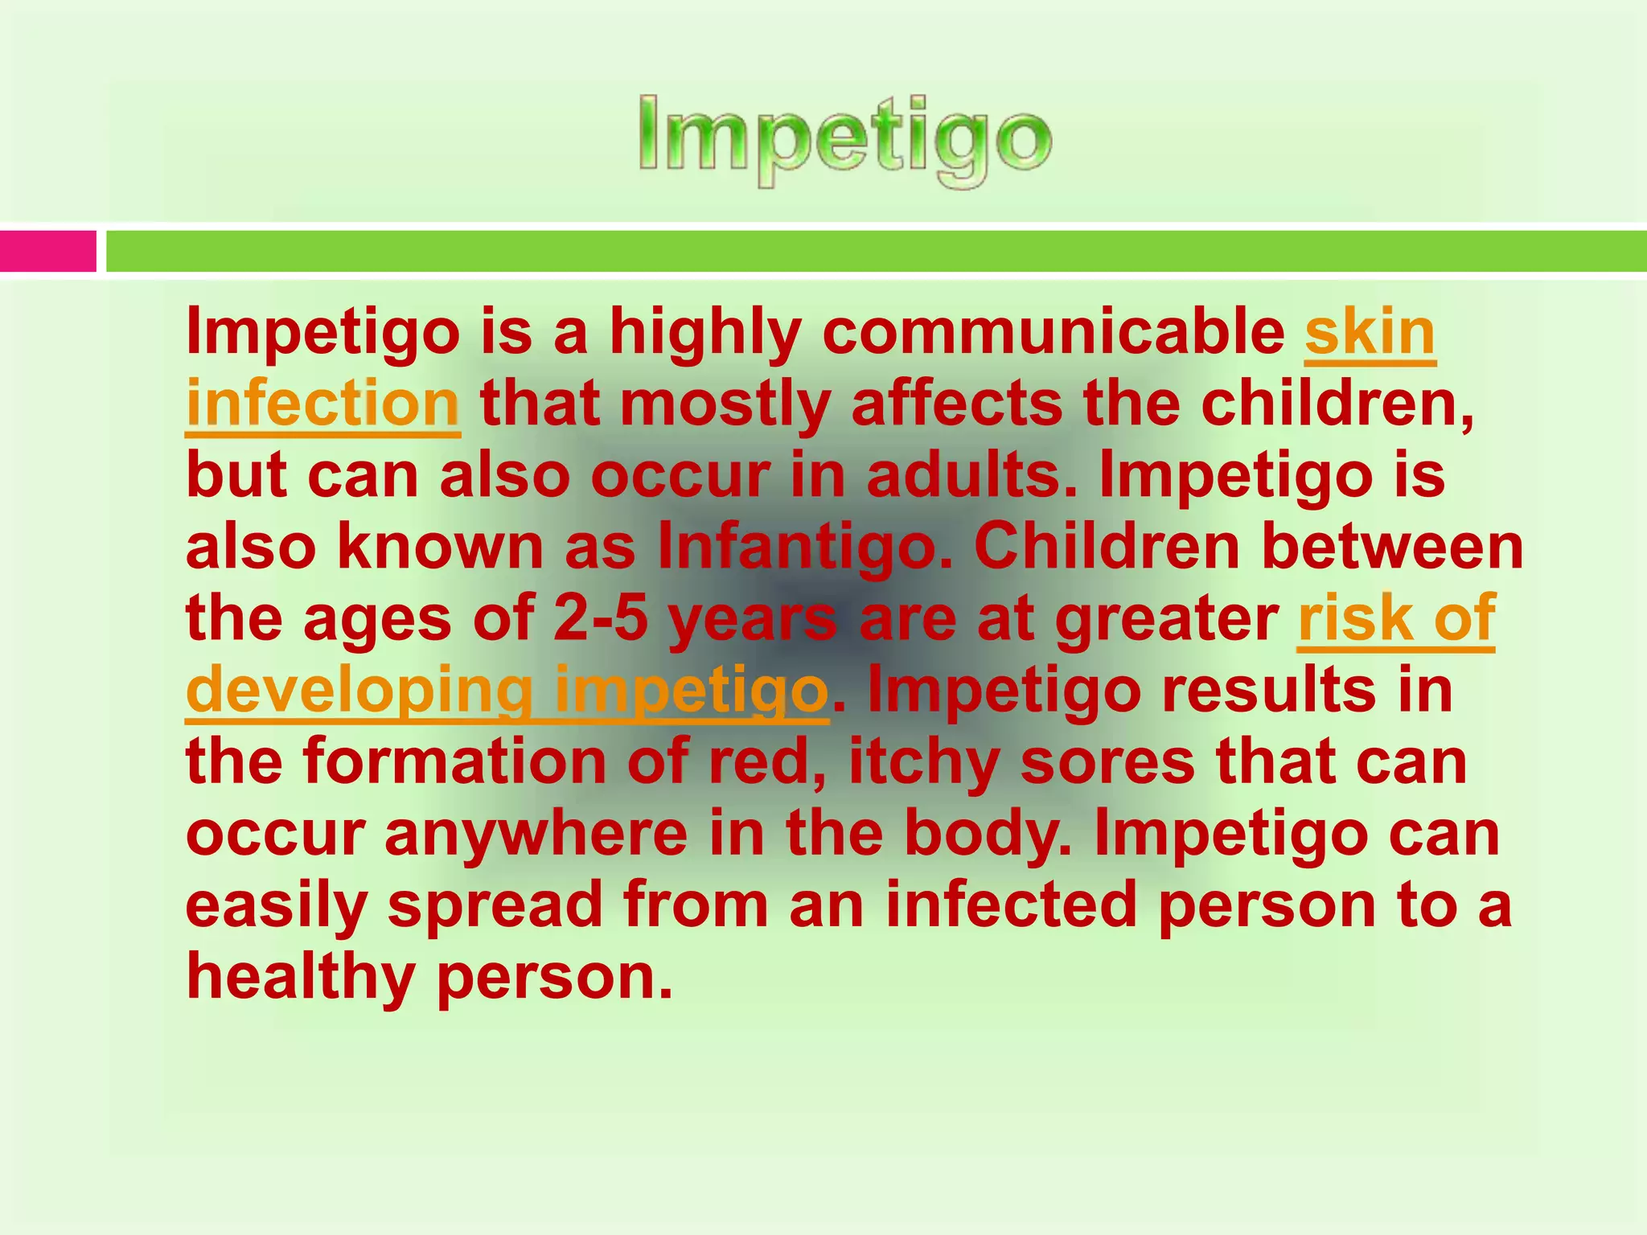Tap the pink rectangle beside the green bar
tap(47, 251)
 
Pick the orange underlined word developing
tap(359, 690)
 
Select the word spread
tap(495, 905)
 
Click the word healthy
tap(300, 977)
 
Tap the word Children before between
tap(1107, 547)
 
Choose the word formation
tap(454, 761)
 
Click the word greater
tap(1166, 618)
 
